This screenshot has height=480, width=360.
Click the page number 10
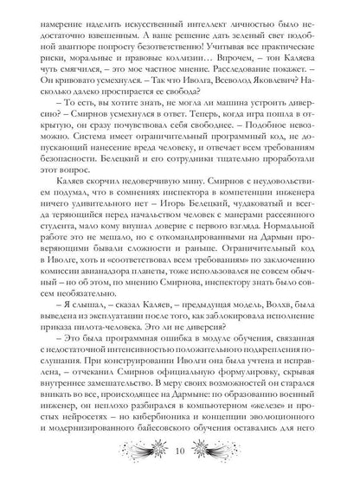(180, 451)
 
